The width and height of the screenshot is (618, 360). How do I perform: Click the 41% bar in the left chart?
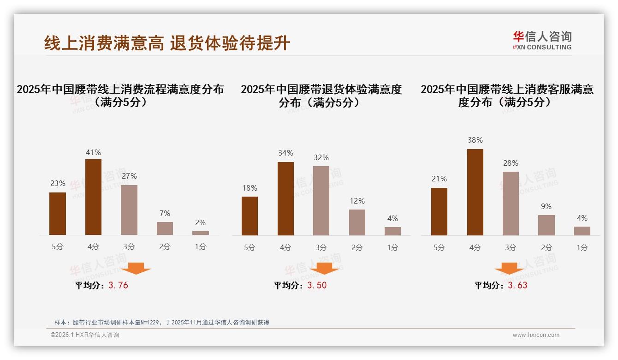[93, 197]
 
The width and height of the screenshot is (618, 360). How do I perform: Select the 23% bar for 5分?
[58, 214]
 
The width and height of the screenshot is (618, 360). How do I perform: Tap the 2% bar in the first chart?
[201, 233]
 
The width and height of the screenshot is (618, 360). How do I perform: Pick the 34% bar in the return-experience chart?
[285, 198]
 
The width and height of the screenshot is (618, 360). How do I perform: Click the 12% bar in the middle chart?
[357, 222]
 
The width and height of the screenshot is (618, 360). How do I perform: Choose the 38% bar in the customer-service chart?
[475, 192]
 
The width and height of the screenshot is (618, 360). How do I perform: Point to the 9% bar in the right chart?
[547, 225]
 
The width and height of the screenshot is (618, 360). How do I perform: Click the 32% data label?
[321, 158]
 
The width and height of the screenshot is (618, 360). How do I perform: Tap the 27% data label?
[129, 176]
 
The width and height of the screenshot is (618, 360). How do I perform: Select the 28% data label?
[511, 163]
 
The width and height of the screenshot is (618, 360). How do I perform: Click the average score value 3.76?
[118, 285]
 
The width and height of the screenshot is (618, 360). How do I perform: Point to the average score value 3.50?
[317, 285]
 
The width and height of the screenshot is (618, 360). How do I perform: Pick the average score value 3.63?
[517, 285]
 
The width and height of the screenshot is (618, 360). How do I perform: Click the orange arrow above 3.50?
[324, 268]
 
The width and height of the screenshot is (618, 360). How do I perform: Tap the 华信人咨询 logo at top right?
[542, 40]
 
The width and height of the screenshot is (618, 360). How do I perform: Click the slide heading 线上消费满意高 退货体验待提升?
[167, 43]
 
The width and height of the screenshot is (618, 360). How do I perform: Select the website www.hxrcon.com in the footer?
[536, 335]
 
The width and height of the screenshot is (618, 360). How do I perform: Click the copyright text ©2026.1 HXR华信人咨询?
[85, 335]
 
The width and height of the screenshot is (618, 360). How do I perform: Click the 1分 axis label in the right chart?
[582, 247]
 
